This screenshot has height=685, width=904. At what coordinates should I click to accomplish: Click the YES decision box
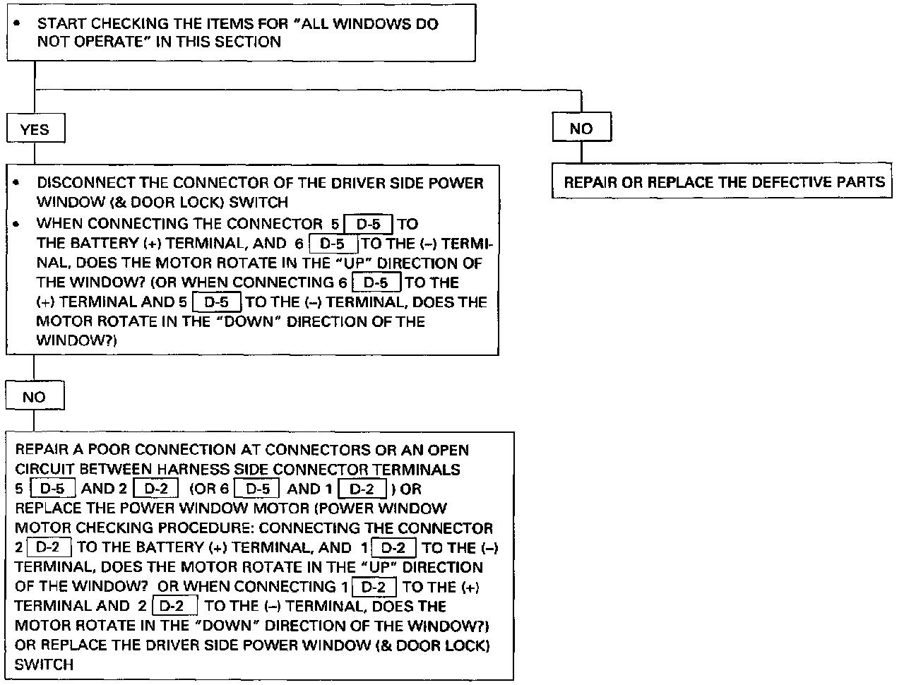click(35, 129)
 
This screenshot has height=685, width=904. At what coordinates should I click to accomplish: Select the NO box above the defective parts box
click(581, 129)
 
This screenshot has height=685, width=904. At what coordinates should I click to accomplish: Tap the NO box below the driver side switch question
click(34, 397)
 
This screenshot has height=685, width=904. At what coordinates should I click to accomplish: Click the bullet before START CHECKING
click(16, 24)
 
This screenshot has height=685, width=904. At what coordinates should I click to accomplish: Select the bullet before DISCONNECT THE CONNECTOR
click(16, 183)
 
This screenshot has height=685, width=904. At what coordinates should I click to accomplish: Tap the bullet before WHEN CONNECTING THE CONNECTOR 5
click(16, 224)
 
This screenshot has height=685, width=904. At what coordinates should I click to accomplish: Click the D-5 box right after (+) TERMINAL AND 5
click(217, 302)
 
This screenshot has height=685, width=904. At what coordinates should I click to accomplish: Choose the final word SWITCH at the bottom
click(44, 665)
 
